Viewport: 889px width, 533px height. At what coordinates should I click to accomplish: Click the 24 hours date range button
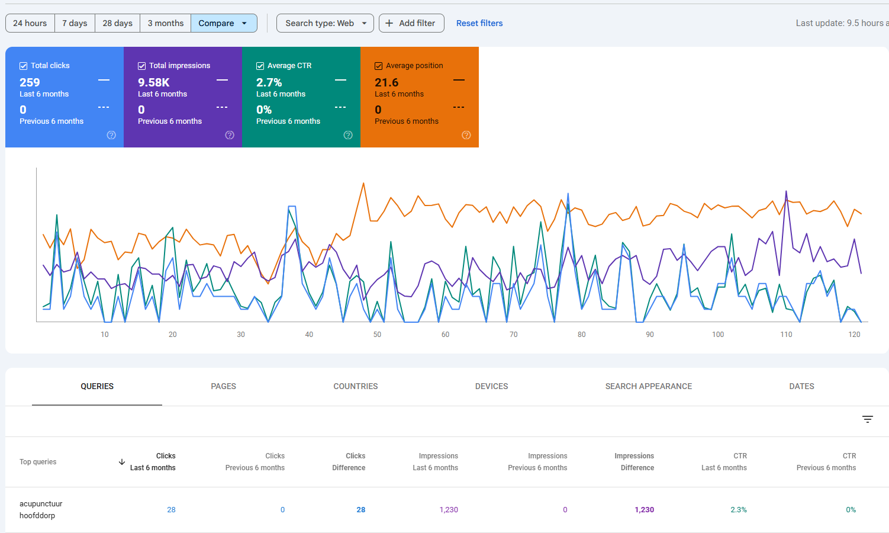30,23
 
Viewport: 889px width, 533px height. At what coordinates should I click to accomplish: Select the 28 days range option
117,23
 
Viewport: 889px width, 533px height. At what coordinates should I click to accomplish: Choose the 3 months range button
166,23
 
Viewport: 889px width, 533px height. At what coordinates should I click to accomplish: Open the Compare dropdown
223,23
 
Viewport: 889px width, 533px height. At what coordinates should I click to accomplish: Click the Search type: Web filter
325,23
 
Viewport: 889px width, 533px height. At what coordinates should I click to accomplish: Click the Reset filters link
479,23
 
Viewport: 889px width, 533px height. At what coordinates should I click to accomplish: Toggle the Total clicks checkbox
24,66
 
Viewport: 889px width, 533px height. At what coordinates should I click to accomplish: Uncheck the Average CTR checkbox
260,66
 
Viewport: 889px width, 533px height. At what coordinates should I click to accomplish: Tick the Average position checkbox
379,66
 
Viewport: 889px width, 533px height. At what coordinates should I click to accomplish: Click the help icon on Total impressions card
230,135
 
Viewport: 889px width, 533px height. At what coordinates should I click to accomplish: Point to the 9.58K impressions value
154,82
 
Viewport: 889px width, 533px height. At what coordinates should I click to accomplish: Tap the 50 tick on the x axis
377,335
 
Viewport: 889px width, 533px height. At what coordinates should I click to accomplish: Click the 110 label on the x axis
786,335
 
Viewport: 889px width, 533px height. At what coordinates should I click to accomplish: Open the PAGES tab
223,386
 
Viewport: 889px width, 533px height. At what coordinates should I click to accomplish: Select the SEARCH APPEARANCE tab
648,386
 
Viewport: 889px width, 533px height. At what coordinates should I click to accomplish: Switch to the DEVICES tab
491,386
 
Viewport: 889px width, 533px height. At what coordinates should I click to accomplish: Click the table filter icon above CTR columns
868,419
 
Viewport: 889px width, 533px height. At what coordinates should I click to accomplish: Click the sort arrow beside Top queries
122,462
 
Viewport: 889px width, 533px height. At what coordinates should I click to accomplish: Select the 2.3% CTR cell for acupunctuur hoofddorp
738,510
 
